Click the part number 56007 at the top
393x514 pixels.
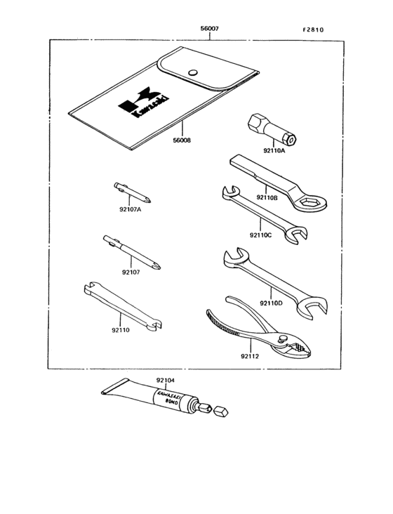(209, 30)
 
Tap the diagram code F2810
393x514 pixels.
(314, 30)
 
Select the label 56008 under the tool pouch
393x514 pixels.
(181, 140)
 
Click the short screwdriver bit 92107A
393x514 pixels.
(130, 191)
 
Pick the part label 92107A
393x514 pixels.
(131, 209)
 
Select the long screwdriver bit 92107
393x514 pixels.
(133, 253)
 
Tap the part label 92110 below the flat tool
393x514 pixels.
(121, 329)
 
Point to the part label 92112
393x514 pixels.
(250, 356)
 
